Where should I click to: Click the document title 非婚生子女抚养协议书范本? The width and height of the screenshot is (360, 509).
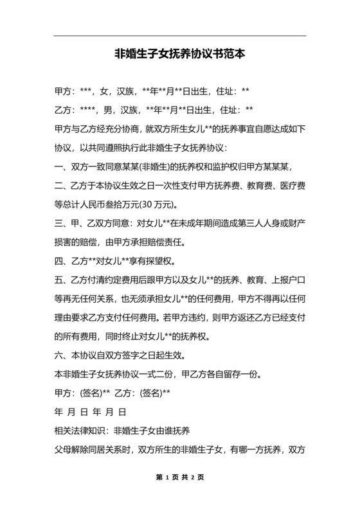(179, 55)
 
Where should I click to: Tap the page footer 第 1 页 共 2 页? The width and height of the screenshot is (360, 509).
(179, 478)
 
